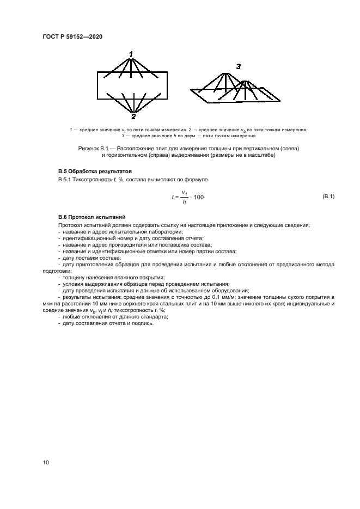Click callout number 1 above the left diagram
point(131,53)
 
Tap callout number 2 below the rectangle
point(133,116)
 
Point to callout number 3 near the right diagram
point(238,66)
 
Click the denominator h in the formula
point(185,201)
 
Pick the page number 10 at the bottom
point(46,462)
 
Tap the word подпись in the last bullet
point(143,323)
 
